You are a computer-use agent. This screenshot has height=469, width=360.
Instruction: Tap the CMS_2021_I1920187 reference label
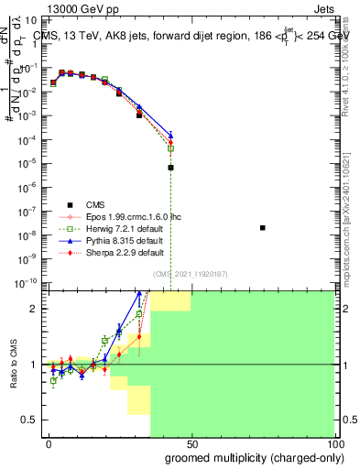(x=189, y=273)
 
